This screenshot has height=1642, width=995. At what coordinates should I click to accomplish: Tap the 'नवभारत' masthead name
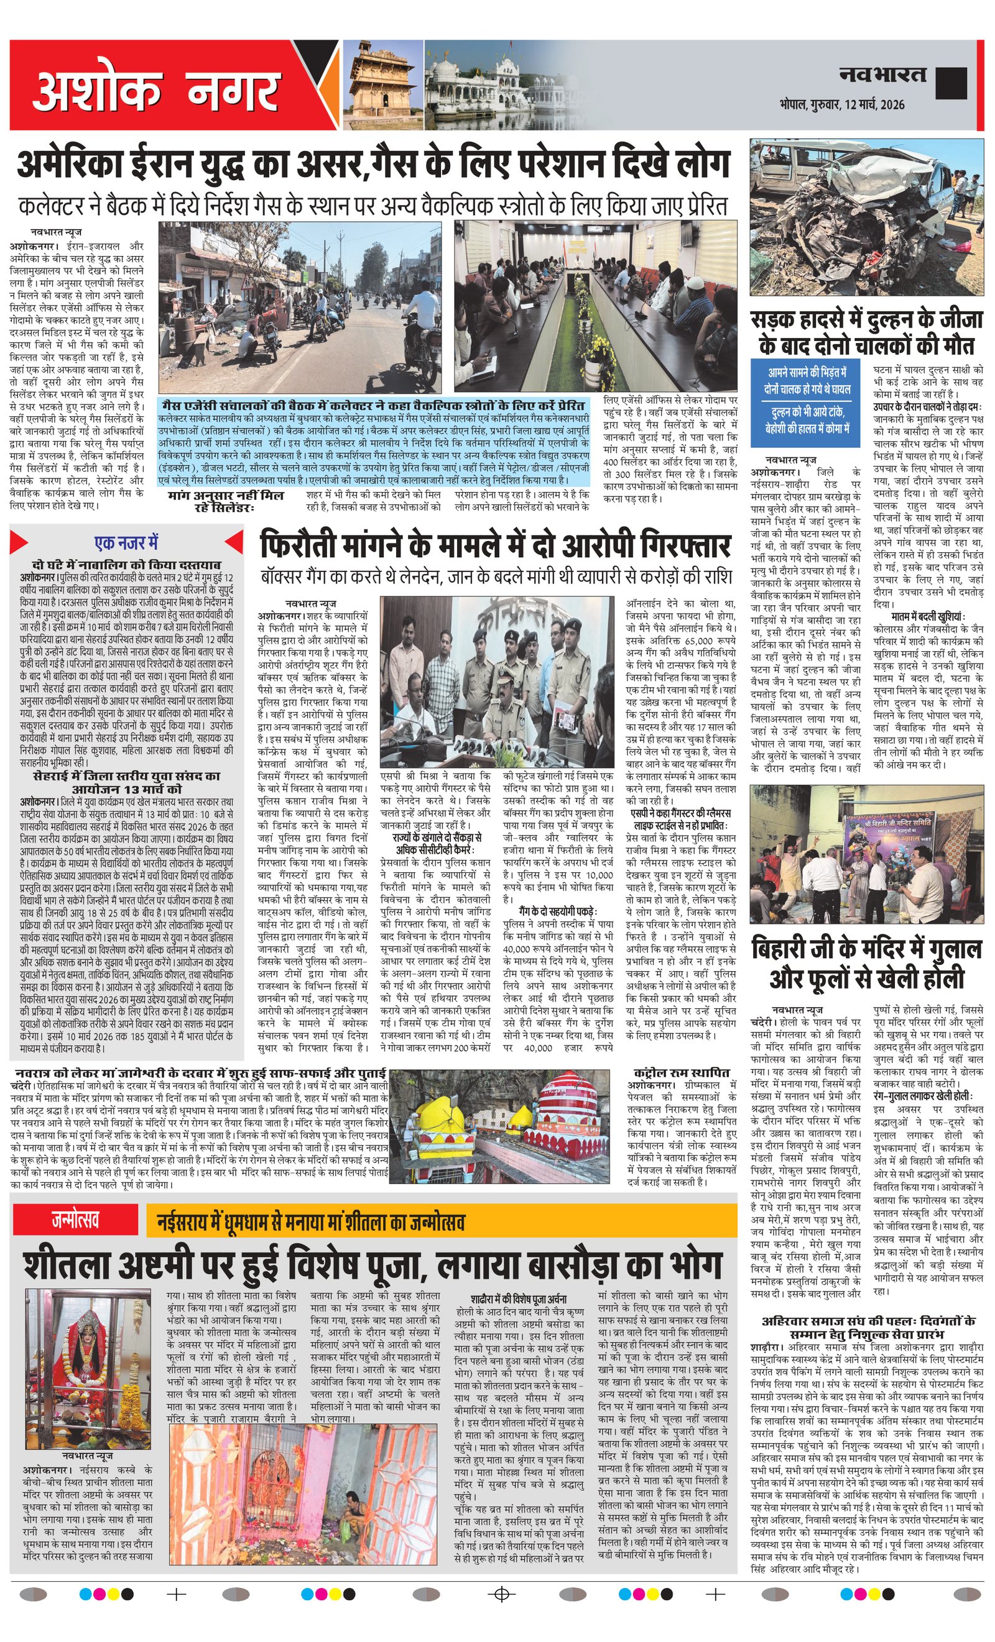coord(882,75)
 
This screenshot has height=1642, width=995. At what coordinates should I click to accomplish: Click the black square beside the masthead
coord(950,83)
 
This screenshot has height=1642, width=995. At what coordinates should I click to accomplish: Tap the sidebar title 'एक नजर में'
coord(127,543)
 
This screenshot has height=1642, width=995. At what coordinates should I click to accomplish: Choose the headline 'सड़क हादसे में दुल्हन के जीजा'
coord(866,333)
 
